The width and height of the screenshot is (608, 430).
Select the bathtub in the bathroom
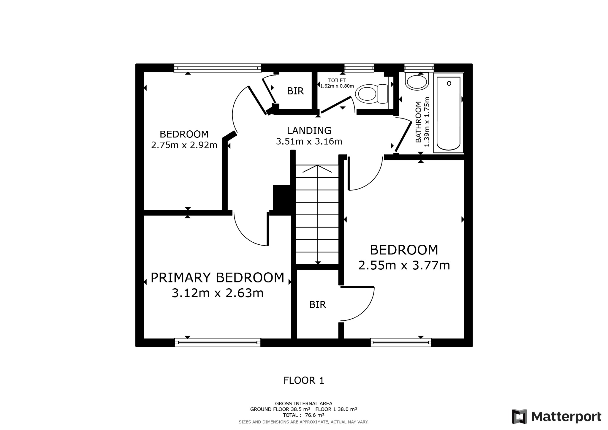448,113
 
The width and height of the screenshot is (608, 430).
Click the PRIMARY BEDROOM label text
217,278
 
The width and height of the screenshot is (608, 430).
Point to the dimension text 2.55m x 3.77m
404,265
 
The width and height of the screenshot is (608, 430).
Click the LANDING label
309,131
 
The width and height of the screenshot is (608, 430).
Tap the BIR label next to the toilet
295,91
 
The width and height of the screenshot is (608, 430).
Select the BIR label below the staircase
317,305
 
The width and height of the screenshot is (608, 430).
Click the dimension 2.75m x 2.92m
184,145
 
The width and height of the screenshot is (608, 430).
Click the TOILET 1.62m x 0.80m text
337,83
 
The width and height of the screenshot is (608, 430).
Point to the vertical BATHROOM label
419,122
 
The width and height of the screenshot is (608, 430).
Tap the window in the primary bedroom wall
217,342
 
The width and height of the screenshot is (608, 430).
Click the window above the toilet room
359,68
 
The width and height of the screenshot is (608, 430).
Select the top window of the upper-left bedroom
217,68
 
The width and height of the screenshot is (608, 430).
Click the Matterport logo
557,416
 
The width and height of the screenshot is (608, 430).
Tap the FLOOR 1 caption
303,380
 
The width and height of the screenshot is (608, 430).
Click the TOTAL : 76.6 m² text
303,415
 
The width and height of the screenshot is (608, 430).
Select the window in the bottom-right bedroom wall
401,342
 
